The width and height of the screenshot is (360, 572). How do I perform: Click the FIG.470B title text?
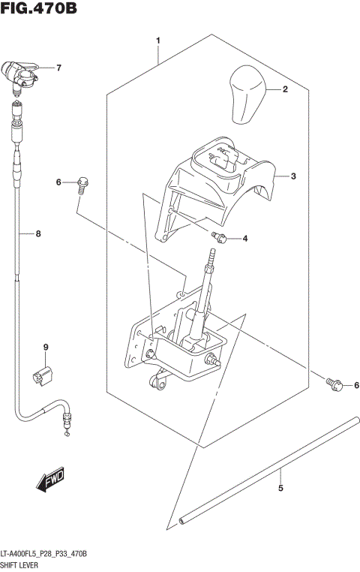coord(39,9)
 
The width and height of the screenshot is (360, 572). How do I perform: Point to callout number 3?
coord(294,176)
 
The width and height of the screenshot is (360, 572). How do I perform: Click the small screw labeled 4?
coord(220,238)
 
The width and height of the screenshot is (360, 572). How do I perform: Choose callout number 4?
coord(244,239)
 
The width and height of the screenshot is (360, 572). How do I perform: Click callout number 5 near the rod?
coord(280,489)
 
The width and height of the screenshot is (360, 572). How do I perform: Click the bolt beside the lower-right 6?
coord(334,384)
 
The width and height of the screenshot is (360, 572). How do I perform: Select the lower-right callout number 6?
coord(356,386)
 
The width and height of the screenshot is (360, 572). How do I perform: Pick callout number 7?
coord(58,68)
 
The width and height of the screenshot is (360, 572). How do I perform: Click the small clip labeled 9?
coord(42,375)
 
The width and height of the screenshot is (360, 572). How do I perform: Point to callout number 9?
coord(45,347)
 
